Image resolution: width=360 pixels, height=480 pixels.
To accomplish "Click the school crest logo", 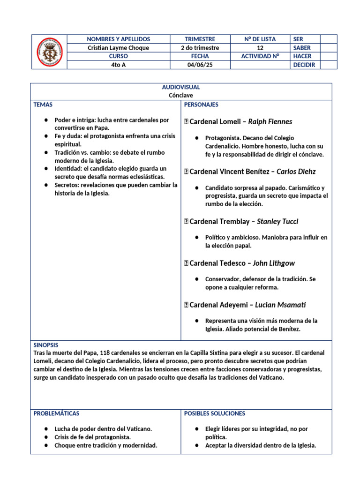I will pos(49,52).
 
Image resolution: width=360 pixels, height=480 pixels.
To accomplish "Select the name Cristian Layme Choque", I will pos(119,48).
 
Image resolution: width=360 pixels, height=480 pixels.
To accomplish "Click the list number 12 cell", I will pos(260,48).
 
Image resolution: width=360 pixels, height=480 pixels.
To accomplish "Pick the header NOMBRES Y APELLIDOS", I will pos(119,39).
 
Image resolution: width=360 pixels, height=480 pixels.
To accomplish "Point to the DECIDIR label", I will pos(304,65).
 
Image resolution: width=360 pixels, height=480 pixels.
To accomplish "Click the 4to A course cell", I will pos(119,65).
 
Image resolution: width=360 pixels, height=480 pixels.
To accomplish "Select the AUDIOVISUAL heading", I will pos(181,87).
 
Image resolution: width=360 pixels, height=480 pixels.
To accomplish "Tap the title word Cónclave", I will pos(181,95).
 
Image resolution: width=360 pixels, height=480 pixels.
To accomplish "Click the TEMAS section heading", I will pos(43,105).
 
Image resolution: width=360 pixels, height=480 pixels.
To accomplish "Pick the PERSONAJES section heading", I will pos(201,105).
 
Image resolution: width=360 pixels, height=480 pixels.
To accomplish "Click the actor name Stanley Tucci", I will pos(277,221).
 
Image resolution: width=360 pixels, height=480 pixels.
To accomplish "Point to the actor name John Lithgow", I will pos(274,263).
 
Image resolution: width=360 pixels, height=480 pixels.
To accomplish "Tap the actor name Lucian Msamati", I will pos(280,305).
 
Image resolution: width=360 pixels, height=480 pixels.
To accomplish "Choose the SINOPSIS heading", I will pos(46,345).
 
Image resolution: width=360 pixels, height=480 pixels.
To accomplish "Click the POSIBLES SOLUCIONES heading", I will pos(214,413).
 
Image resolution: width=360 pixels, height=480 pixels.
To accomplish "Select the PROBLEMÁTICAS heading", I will pos(56,413).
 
